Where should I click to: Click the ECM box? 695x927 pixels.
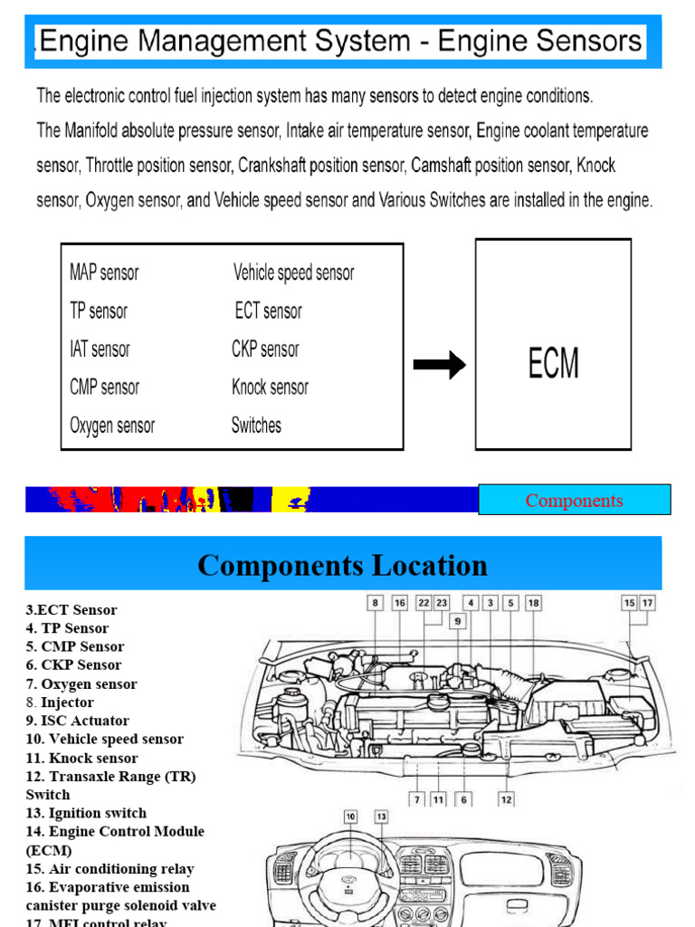(553, 344)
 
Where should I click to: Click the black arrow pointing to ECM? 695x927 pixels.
(440, 365)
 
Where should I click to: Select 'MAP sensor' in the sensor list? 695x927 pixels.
(104, 272)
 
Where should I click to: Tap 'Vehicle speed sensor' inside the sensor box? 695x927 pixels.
(293, 272)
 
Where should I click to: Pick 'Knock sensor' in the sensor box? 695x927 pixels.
(270, 387)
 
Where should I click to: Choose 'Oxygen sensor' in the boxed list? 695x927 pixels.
(112, 425)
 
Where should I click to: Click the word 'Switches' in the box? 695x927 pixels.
(256, 425)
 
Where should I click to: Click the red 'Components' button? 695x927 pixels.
(574, 500)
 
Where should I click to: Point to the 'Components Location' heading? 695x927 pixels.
(342, 566)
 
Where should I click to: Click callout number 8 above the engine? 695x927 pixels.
(376, 602)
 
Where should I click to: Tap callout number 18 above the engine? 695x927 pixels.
(533, 602)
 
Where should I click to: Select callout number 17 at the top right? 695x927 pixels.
(648, 602)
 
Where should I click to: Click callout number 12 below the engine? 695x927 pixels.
(507, 799)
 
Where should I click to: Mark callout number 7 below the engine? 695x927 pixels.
(416, 799)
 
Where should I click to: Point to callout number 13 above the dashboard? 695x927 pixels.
(382, 817)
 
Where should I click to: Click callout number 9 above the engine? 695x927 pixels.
(458, 621)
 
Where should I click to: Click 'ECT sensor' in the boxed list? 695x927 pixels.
(268, 311)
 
